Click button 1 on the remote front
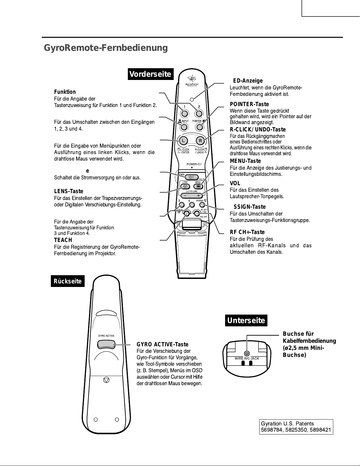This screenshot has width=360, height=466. (x=185, y=113)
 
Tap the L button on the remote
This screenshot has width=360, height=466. (x=183, y=141)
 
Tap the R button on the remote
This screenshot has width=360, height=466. (x=200, y=141)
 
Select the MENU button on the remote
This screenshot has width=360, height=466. (x=198, y=186)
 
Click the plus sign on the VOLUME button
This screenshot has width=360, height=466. (x=199, y=196)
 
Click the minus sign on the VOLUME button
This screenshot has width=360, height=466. (x=185, y=196)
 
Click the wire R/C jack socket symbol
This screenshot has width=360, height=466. (x=247, y=353)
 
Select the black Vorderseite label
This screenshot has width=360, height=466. (x=151, y=74)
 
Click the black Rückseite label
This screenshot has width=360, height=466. (x=68, y=281)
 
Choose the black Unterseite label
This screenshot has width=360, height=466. (x=246, y=320)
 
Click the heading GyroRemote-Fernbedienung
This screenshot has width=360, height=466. (x=106, y=48)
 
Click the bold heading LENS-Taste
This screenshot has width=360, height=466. (x=68, y=191)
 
